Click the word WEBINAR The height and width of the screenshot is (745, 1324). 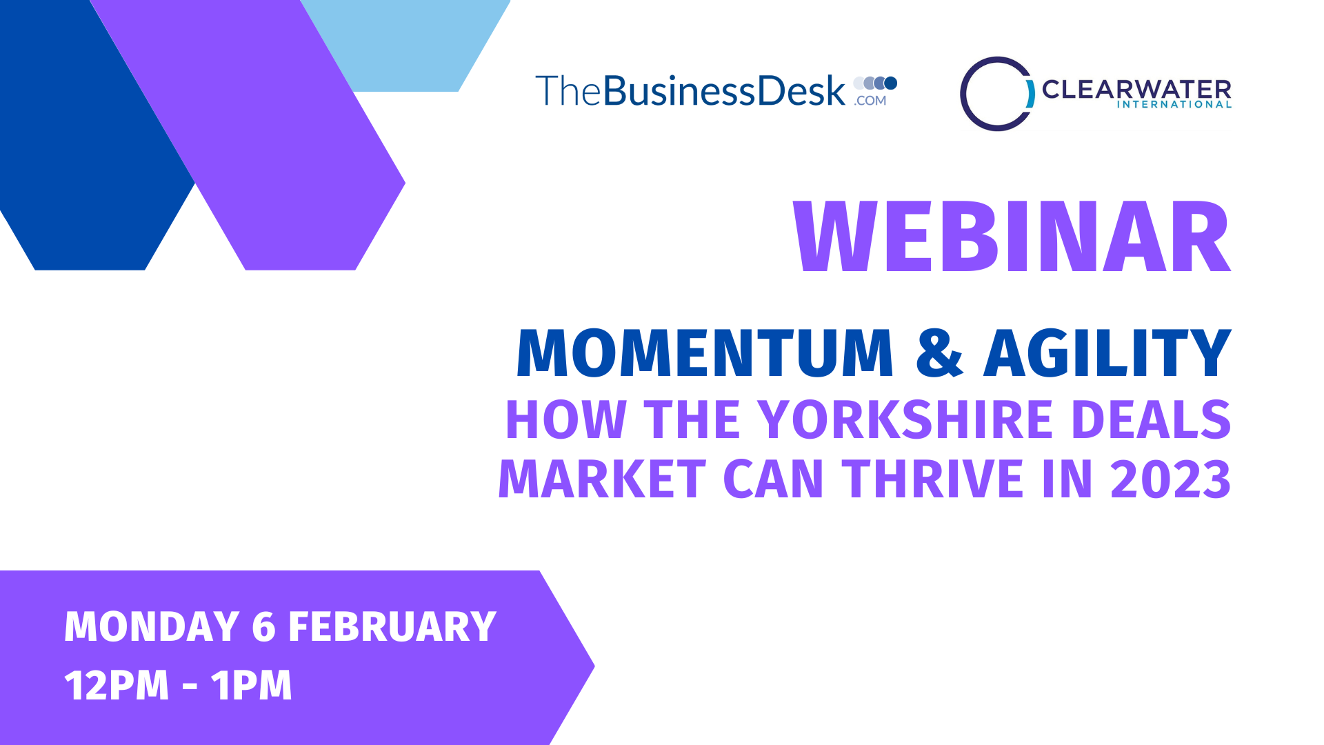pyautogui.click(x=1012, y=237)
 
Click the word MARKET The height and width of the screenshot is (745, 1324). pyautogui.click(x=602, y=479)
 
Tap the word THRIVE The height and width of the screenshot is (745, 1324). pyautogui.click(x=933, y=479)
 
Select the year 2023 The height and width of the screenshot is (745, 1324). pyautogui.click(x=1170, y=479)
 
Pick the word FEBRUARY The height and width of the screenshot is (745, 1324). pyautogui.click(x=392, y=626)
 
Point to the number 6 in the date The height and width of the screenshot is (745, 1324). pyautogui.click(x=264, y=626)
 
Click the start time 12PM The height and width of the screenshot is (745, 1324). pyautogui.click(x=117, y=685)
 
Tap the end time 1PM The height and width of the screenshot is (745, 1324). pyautogui.click(x=251, y=685)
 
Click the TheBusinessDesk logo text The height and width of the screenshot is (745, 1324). pyautogui.click(x=690, y=90)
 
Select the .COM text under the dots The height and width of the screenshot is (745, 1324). pyautogui.click(x=870, y=101)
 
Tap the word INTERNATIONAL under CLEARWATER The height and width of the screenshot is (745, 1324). pyautogui.click(x=1174, y=104)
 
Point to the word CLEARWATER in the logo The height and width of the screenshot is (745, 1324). pyautogui.click(x=1136, y=89)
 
